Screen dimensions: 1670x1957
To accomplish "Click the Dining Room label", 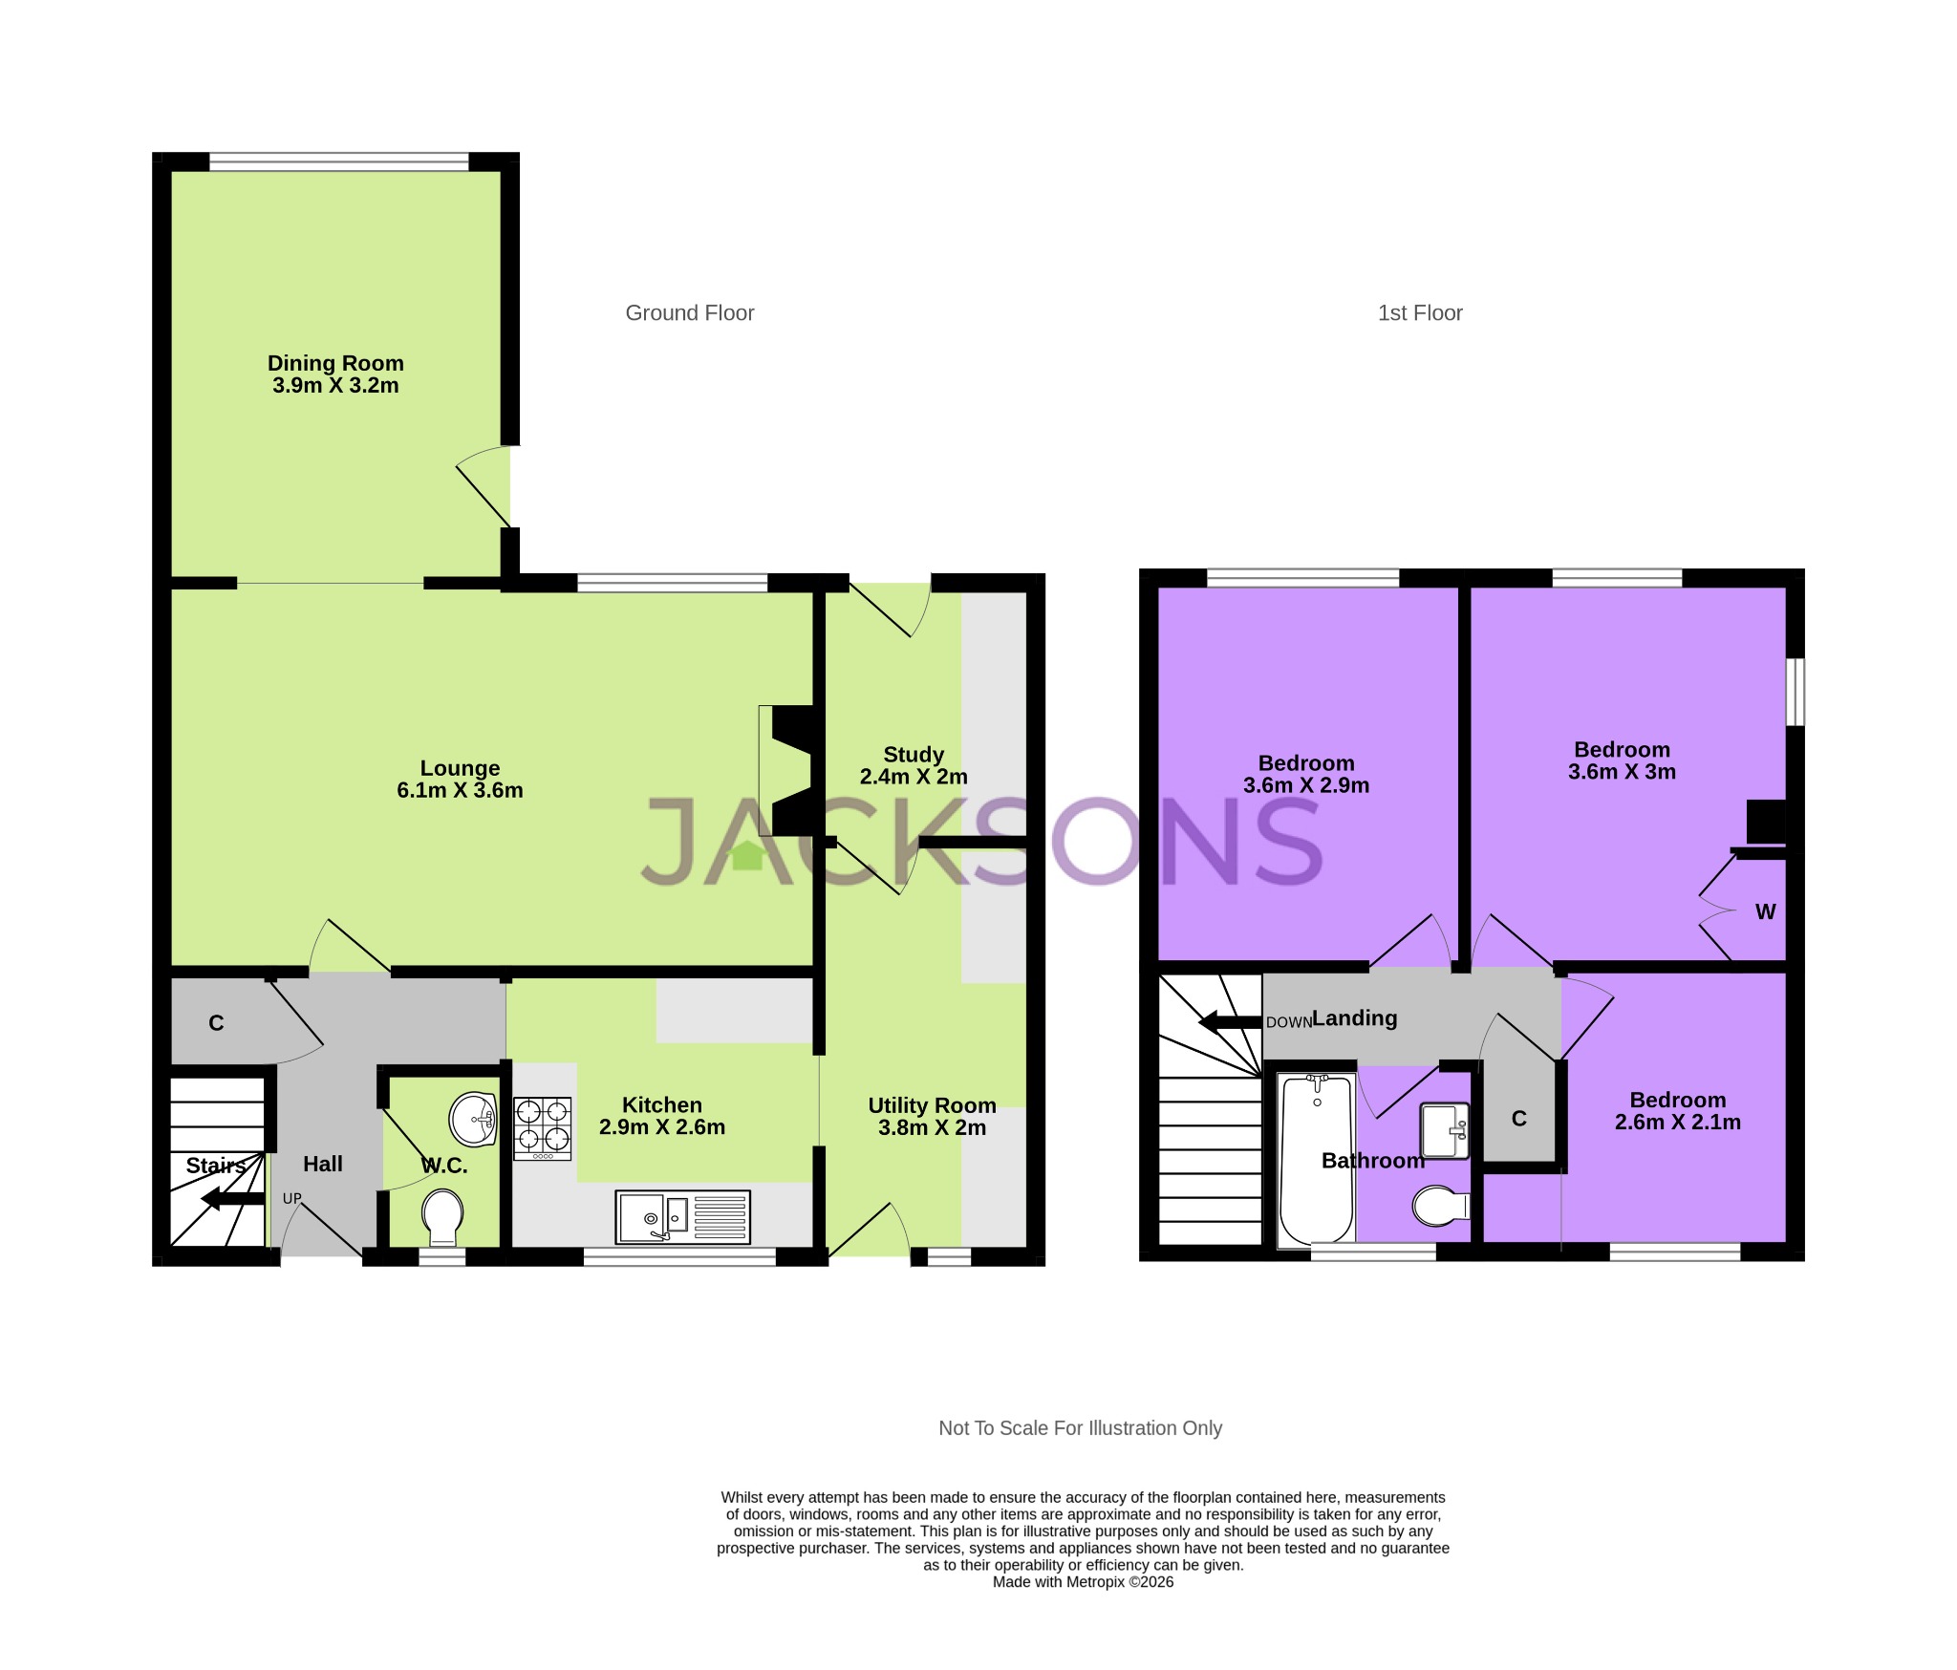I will (x=335, y=363).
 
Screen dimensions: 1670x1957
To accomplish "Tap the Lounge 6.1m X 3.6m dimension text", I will (x=460, y=791).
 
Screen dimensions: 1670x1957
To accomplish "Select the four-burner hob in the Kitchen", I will (x=543, y=1128).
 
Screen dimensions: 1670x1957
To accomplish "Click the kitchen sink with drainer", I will (x=682, y=1217).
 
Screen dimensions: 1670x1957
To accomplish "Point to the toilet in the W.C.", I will (x=442, y=1216).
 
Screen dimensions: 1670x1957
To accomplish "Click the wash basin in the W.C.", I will (x=473, y=1119).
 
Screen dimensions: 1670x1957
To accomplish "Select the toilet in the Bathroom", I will (x=1440, y=1206).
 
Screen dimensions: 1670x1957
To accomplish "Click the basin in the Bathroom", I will (x=1445, y=1131).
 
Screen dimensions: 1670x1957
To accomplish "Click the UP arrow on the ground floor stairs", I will (x=233, y=1198).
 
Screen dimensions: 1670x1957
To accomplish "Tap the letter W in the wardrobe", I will (x=1765, y=912).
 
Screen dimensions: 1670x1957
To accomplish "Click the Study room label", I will (x=914, y=755).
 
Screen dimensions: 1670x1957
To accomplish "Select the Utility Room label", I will (x=932, y=1105).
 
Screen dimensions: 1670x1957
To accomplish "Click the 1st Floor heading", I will (x=1419, y=313).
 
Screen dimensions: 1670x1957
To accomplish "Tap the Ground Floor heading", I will (x=689, y=313).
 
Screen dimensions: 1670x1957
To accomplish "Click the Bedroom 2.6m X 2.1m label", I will (x=1677, y=1111).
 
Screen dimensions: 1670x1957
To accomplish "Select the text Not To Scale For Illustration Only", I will (x=1080, y=1428).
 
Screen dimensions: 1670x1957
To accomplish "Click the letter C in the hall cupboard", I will (x=216, y=1023).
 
